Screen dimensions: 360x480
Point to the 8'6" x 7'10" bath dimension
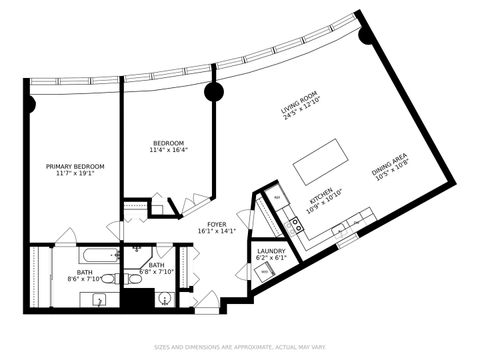[87, 279]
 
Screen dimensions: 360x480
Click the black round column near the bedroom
[213, 93]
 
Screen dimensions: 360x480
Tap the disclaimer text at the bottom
[239, 348]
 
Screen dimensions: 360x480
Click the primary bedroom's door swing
[65, 236]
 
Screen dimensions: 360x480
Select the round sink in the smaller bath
[165, 297]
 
